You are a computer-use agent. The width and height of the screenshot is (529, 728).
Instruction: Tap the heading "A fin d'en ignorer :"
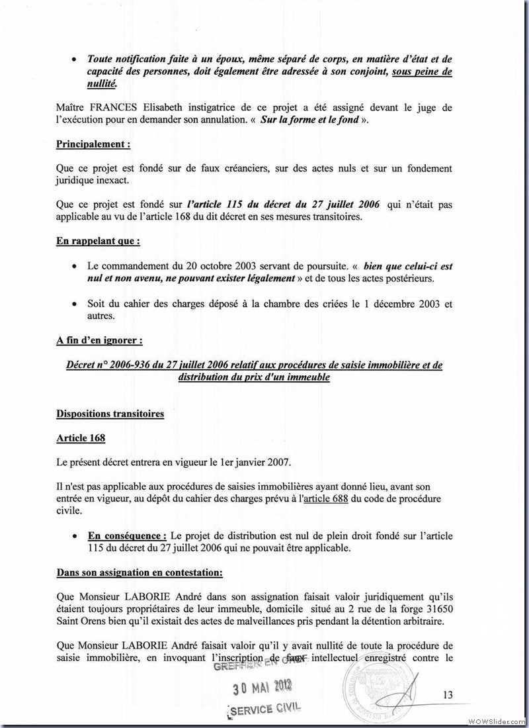99,341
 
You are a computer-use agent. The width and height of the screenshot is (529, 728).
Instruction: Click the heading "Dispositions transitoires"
110,414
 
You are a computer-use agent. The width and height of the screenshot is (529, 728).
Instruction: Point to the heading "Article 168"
81,438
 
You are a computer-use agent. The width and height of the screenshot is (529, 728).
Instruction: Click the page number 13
448,694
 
